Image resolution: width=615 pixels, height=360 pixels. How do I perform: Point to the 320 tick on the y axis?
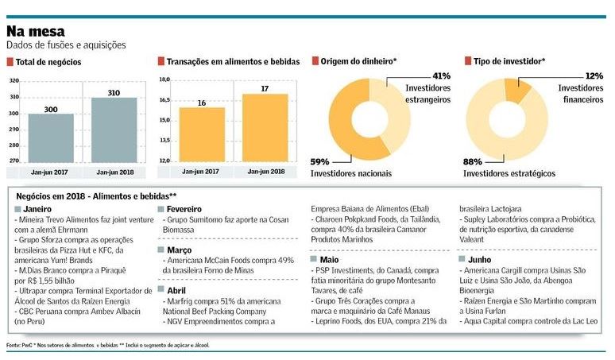[14, 81]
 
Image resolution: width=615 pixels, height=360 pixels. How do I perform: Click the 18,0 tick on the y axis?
[164, 80]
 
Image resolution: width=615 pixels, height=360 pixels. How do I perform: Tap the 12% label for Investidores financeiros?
[593, 75]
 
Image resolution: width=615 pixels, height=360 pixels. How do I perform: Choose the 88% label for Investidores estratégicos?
[474, 162]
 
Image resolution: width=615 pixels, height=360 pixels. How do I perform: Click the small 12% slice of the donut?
[516, 90]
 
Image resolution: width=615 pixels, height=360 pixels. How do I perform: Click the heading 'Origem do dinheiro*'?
[359, 61]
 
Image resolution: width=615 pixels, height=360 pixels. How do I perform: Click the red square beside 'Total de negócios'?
[10, 61]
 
